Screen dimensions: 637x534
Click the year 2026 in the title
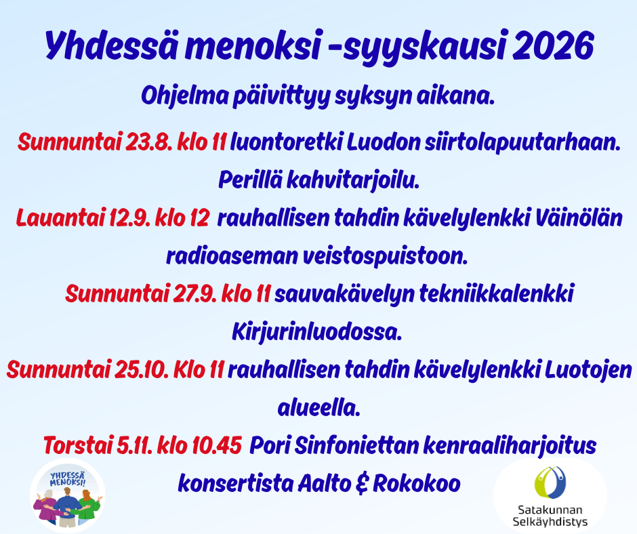[x=554, y=46]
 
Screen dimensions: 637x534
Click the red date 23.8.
[x=150, y=142]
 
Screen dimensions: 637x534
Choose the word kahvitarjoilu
[x=353, y=180]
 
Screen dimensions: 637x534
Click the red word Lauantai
[x=60, y=218]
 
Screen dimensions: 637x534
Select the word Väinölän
[x=579, y=218]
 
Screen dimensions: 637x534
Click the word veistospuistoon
[x=385, y=257]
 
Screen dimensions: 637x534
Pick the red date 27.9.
[x=195, y=294]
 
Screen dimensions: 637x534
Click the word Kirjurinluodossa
[x=317, y=333]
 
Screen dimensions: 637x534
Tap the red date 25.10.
[x=142, y=370]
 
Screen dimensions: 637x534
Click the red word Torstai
[x=78, y=445]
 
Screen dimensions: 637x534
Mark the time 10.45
[x=217, y=445]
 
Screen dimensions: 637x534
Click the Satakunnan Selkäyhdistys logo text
[x=550, y=515]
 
